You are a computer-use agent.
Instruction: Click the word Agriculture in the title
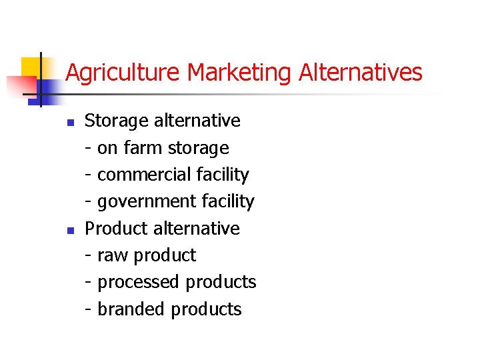click(124, 73)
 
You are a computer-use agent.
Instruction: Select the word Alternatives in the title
click(361, 73)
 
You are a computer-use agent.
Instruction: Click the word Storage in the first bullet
click(117, 121)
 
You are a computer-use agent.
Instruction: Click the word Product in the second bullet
click(116, 229)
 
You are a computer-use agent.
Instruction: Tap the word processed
click(139, 283)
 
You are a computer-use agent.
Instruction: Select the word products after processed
click(221, 283)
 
